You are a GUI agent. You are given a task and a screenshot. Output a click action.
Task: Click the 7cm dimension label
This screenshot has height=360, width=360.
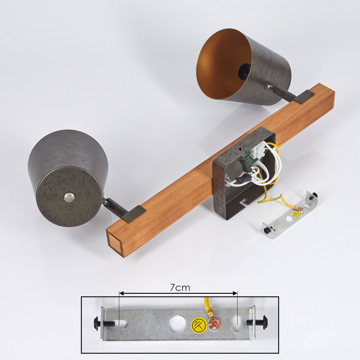pyautogui.click(x=180, y=287)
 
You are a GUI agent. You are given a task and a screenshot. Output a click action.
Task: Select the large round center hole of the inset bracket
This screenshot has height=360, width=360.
pyautogui.click(x=178, y=324)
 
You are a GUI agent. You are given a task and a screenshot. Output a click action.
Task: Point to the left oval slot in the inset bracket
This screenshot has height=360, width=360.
pyautogui.click(x=122, y=324)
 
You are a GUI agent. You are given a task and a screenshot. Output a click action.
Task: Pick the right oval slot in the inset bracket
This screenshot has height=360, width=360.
pyautogui.click(x=237, y=324)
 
